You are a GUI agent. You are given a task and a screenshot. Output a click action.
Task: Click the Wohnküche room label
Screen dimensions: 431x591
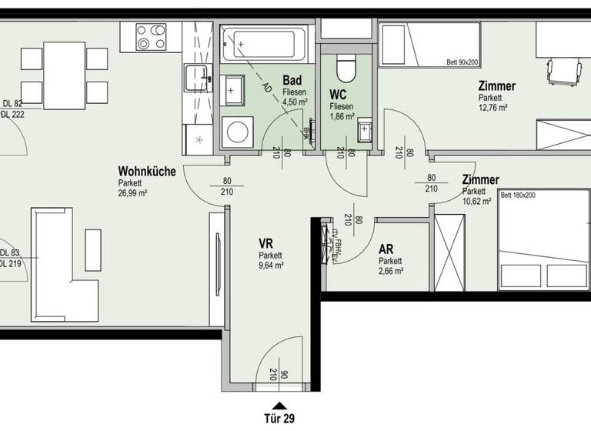(146, 172)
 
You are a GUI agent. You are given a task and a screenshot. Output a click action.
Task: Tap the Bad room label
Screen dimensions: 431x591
(292, 80)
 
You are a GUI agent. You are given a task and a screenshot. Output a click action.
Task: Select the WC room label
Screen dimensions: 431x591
(338, 95)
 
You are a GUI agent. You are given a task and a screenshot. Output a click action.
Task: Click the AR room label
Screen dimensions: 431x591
(386, 249)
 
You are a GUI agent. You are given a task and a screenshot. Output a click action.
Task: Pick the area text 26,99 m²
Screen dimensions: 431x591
(133, 193)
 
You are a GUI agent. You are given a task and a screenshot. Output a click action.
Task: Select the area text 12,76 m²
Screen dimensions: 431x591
(492, 109)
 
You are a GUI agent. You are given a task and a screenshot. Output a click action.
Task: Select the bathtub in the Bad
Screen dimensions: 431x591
(264, 45)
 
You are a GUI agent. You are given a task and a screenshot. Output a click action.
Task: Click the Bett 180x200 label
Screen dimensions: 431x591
(518, 195)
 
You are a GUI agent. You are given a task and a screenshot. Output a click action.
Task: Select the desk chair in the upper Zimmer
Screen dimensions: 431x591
(560, 71)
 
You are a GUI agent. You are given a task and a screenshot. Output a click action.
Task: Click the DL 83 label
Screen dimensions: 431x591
(11, 253)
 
